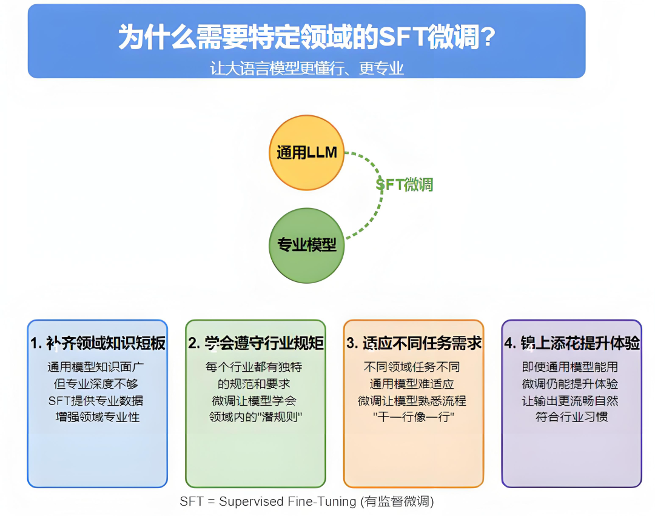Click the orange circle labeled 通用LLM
[307, 153]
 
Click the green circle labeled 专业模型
[307, 246]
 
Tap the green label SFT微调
[404, 184]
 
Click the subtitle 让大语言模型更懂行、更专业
[307, 68]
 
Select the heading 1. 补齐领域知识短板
[98, 343]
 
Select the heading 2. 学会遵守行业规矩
[255, 343]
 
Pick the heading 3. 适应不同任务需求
[414, 343]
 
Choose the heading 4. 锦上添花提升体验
[572, 343]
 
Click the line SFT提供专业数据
[96, 401]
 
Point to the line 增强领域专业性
[97, 417]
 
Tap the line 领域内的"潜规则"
[255, 417]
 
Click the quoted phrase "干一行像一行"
[414, 417]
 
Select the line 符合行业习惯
[571, 417]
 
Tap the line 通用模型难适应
[412, 384]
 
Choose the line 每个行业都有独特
[254, 367]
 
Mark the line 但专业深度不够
[96, 384]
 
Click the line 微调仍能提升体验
[570, 384]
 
